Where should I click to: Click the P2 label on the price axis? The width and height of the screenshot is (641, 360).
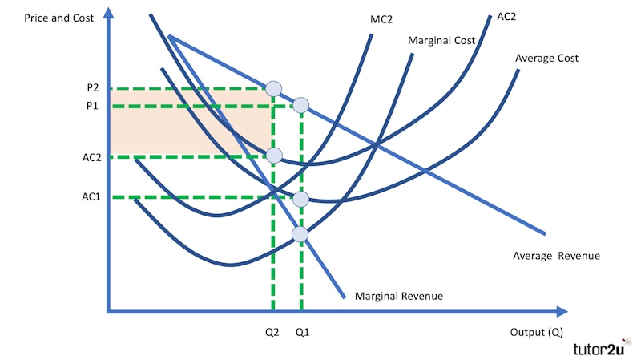93,87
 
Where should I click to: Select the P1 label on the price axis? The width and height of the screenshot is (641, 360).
92,106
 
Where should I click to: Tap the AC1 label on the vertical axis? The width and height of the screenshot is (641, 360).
91,196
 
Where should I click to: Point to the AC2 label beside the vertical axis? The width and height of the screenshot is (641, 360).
91,157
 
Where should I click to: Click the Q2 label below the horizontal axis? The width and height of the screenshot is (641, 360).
272,332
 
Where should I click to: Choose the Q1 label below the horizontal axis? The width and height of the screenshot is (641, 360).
303,332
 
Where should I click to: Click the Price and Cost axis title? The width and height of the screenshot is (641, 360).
58,18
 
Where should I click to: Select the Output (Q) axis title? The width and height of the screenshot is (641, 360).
536,332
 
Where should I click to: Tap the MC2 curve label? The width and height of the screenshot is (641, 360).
381,19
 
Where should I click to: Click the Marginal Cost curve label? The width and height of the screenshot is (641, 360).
441,41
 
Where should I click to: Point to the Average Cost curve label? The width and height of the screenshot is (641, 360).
546,58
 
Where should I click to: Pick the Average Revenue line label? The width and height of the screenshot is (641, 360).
556,256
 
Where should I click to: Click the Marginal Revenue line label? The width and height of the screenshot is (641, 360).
398,296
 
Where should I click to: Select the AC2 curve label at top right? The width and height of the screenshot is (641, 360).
506,17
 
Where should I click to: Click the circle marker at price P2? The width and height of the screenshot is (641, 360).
273,88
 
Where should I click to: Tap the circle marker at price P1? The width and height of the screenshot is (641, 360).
301,106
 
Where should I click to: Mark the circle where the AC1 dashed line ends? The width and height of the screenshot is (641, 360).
301,199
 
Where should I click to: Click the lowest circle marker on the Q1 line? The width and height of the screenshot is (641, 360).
300,234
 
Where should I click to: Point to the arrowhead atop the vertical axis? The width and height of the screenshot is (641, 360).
108,13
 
